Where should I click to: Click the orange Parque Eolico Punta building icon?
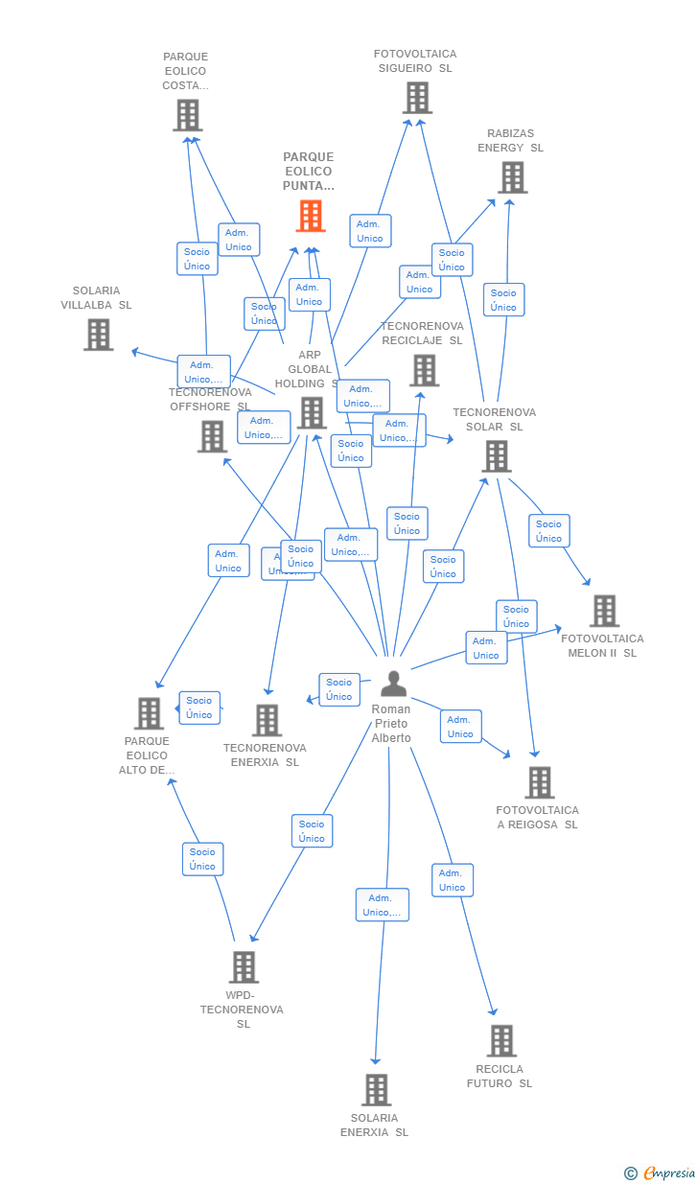[311, 216]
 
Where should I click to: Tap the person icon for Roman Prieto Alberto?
[393, 684]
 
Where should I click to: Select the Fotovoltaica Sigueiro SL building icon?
[417, 98]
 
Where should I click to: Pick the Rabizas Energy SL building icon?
[512, 177]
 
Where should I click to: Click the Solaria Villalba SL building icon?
[98, 335]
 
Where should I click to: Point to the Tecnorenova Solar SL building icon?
[497, 456]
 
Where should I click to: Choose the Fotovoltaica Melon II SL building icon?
[604, 611]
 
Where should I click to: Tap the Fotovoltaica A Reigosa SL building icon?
[539, 782]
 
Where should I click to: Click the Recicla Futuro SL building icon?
[500, 1041]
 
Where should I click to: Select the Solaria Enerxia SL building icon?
[376, 1090]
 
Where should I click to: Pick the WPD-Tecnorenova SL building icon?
[244, 967]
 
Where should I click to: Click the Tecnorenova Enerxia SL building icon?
[267, 720]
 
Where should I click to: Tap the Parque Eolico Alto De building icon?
[149, 713]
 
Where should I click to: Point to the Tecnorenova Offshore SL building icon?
[212, 436]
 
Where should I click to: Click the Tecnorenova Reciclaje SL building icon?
[424, 370]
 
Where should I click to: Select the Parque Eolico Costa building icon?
[188, 115]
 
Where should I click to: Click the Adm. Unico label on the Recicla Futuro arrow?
[452, 880]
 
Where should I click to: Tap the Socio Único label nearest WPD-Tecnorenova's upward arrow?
[202, 859]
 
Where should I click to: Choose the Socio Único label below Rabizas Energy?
[503, 300]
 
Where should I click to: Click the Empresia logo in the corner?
[660, 1172]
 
